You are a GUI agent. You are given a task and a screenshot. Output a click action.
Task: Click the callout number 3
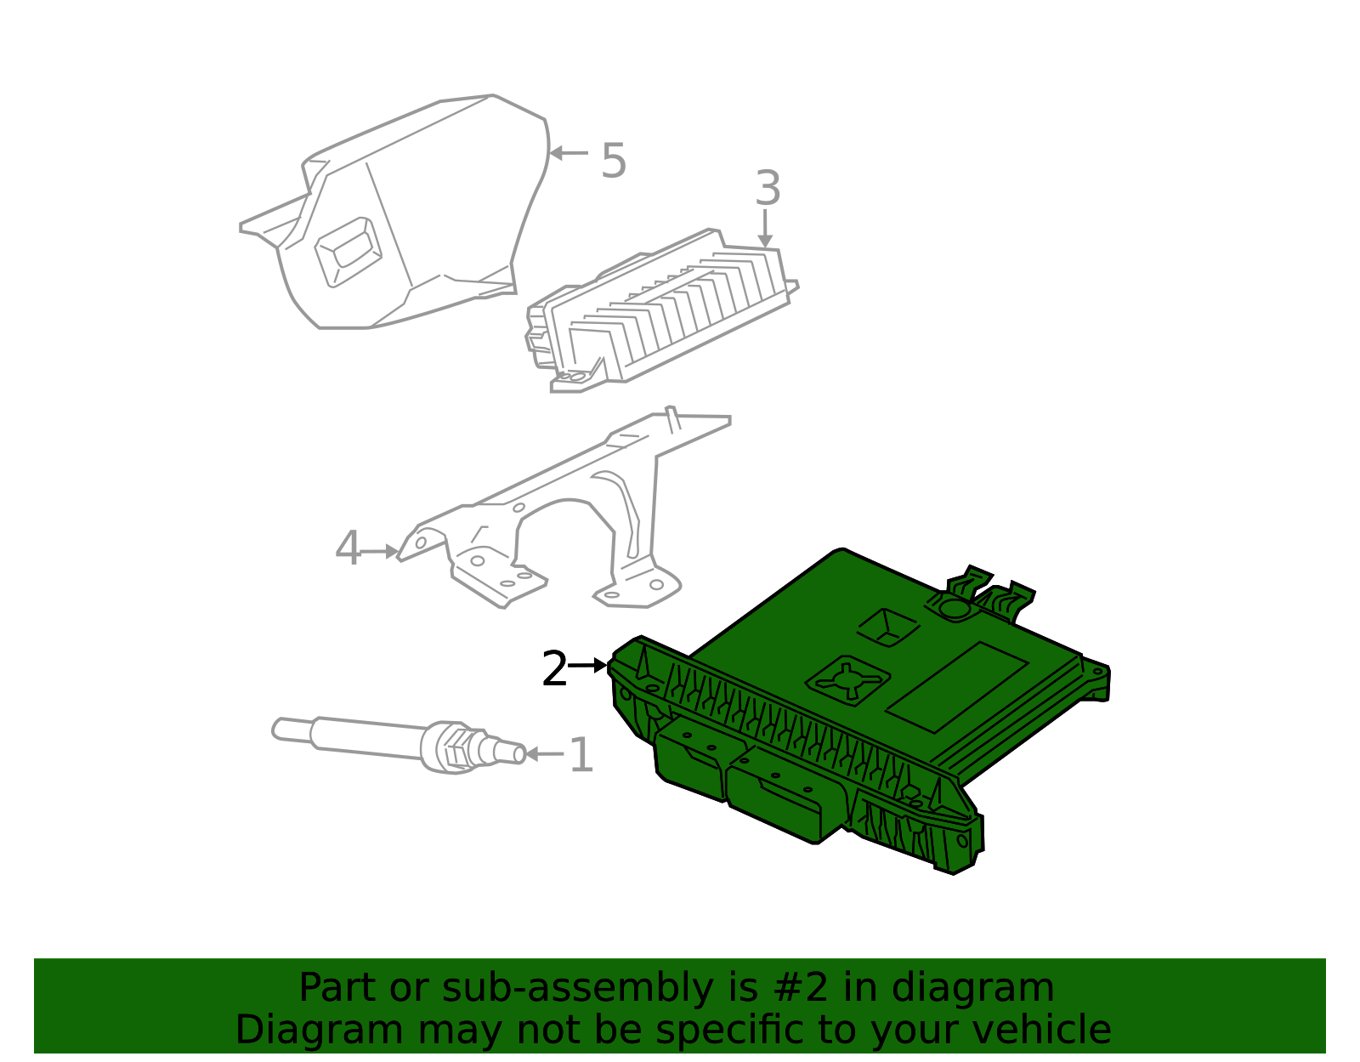[767, 188]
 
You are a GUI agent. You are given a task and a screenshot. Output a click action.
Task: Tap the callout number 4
[348, 548]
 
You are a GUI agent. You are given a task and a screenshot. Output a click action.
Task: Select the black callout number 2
[554, 669]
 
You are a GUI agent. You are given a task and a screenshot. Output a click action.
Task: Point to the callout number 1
[581, 755]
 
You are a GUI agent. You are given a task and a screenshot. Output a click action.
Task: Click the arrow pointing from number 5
[569, 153]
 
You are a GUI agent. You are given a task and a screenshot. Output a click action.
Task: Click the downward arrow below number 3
[766, 229]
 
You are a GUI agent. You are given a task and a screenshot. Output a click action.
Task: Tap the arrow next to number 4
[380, 552]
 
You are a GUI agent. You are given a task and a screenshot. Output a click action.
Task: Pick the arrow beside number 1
[544, 753]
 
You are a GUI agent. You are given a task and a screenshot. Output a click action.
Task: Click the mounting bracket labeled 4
[552, 510]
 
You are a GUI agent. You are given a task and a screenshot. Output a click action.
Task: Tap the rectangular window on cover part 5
[347, 249]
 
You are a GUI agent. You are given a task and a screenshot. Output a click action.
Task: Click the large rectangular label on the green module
[956, 687]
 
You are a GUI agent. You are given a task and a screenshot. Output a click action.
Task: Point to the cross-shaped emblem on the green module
[847, 678]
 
